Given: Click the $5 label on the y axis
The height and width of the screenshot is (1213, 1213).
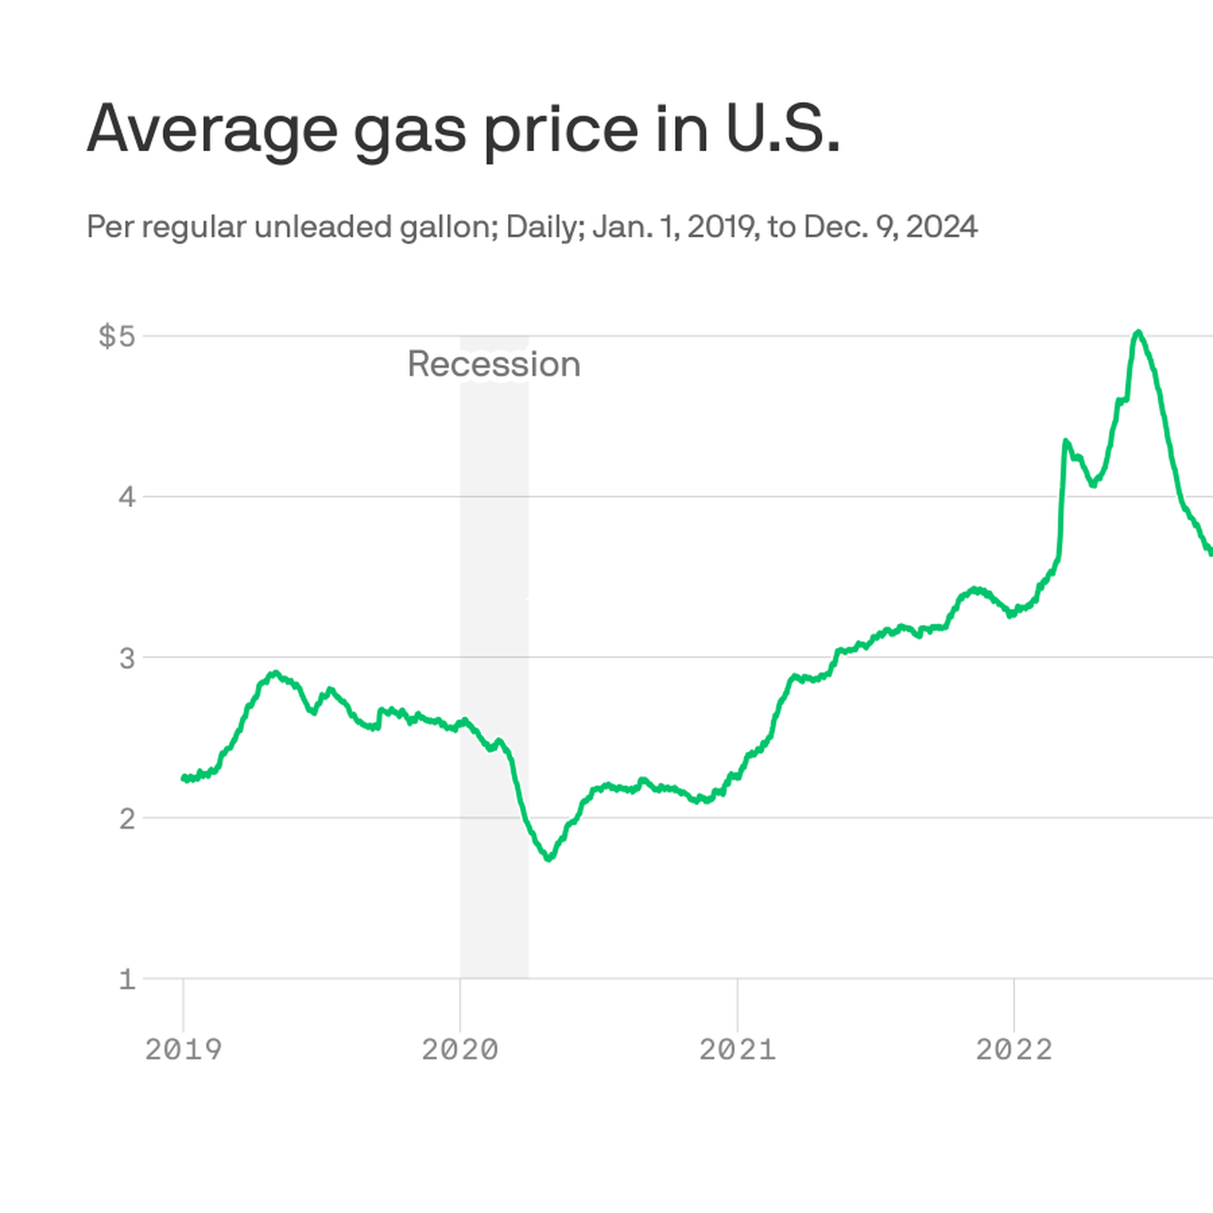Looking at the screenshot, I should pos(116,336).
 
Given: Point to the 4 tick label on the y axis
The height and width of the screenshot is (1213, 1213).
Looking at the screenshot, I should pos(127,496).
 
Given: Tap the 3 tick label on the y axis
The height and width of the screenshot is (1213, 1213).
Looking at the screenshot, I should pos(127,658).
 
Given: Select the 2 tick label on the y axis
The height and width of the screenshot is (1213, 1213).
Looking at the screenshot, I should pos(127,818).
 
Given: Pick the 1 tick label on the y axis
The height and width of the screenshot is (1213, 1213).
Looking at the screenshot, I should pos(127,979).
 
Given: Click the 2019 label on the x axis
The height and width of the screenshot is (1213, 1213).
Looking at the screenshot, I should pos(183,1050).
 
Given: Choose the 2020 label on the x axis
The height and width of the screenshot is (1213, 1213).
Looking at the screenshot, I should pos(460,1050).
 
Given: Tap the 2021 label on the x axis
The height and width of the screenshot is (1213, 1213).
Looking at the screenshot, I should pos(737,1050).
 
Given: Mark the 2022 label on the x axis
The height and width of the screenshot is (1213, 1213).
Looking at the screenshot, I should pos(1014,1050).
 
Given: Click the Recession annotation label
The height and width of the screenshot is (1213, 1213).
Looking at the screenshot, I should pos(494,364).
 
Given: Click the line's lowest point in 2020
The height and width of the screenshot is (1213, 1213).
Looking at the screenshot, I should pos(549,859).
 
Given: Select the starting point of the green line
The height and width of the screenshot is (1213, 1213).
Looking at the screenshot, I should pos(184,778).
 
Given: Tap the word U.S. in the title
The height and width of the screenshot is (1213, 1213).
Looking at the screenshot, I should pos(782,130).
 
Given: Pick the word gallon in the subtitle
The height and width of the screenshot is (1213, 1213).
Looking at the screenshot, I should pos(448,227).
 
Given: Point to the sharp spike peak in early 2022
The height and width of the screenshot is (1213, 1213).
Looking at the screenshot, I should pos(1066,440).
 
